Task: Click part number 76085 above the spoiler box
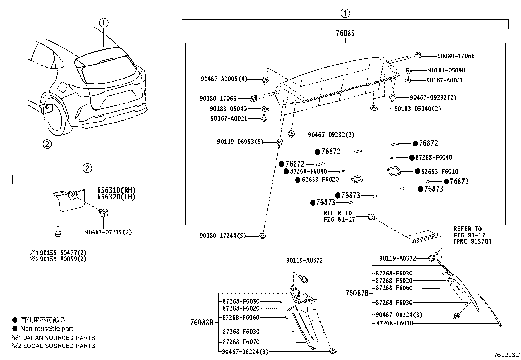(x=345, y=33)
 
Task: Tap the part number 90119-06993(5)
(x=240, y=142)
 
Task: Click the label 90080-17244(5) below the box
(x=223, y=236)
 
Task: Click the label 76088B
(x=202, y=323)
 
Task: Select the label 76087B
(x=357, y=293)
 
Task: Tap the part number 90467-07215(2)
(x=108, y=232)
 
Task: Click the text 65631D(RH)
(x=116, y=190)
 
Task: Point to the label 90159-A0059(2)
(x=63, y=259)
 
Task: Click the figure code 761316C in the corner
(x=507, y=355)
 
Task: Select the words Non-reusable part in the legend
(x=47, y=329)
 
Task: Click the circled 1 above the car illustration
(x=104, y=23)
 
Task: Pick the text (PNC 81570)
(x=472, y=241)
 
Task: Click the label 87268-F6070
(x=241, y=342)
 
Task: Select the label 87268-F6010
(x=394, y=323)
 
